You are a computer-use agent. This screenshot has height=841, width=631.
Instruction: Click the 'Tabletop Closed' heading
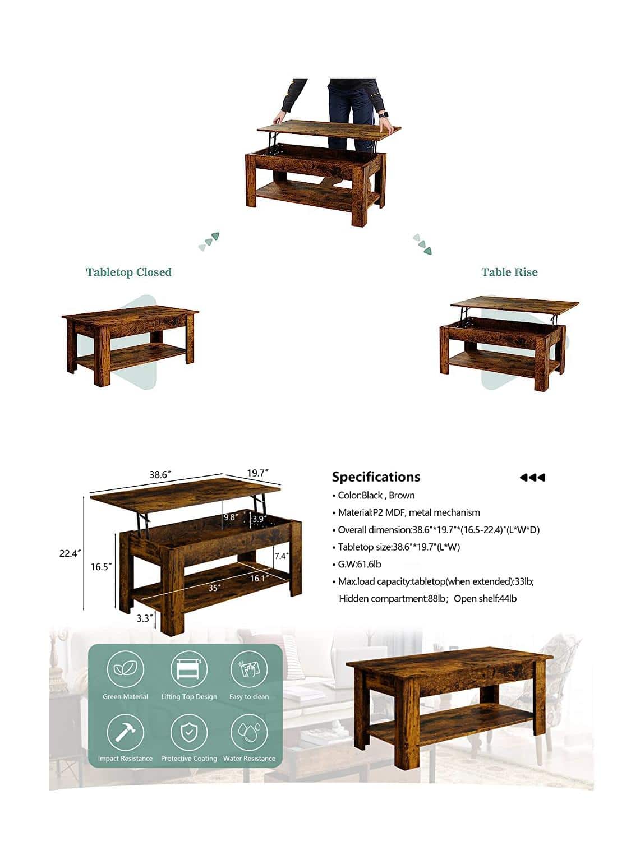pyautogui.click(x=128, y=272)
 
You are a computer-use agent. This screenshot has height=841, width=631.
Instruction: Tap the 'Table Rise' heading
pyautogui.click(x=509, y=272)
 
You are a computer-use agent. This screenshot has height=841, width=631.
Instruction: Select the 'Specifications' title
pyautogui.click(x=376, y=477)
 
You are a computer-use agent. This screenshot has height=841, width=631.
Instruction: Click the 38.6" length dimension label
pyautogui.click(x=160, y=474)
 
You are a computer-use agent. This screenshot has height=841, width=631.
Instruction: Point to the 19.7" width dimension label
pyautogui.click(x=257, y=473)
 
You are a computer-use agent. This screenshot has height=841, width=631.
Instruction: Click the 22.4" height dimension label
pyautogui.click(x=71, y=553)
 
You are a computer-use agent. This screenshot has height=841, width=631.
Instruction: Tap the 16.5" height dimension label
pyautogui.click(x=102, y=567)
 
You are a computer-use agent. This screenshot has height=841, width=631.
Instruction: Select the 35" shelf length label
pyautogui.click(x=214, y=588)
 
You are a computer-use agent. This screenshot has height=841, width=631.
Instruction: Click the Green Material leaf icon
pyautogui.click(x=125, y=668)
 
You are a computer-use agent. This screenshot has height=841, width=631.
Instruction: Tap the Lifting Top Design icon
pyautogui.click(x=188, y=668)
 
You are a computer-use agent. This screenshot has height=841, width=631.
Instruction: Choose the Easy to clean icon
pyautogui.click(x=248, y=668)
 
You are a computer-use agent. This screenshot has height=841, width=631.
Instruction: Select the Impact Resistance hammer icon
pyautogui.click(x=125, y=732)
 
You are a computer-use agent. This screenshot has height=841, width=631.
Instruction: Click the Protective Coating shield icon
pyautogui.click(x=188, y=732)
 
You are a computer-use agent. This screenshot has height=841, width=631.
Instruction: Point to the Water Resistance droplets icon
pyautogui.click(x=248, y=732)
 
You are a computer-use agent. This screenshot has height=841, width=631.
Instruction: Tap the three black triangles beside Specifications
pyautogui.click(x=532, y=478)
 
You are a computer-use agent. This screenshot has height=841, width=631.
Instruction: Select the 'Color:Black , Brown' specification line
pyautogui.click(x=376, y=495)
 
